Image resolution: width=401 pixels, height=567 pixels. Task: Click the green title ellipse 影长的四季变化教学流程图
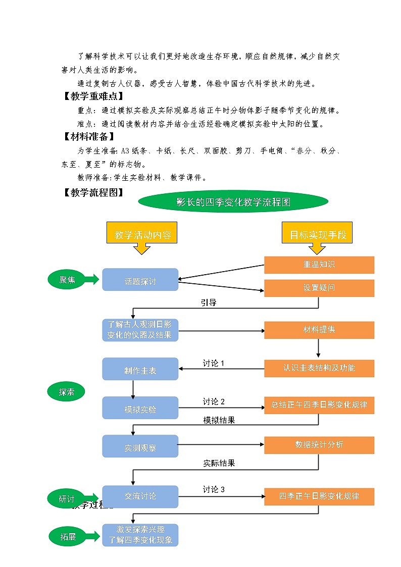coord(233,202)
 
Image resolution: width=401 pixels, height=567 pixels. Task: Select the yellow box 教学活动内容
coord(142,235)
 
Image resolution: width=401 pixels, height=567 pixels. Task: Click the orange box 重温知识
coord(319,265)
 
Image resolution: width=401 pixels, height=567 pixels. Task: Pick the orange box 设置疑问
coord(319,288)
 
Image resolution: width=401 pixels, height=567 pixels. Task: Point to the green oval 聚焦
coord(67,280)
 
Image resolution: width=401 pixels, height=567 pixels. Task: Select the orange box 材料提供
coord(319,330)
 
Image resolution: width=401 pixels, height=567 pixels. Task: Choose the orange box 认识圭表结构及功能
coord(319,368)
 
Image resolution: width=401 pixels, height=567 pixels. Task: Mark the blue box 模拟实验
coord(140,408)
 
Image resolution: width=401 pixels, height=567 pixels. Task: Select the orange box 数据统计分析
coord(319,444)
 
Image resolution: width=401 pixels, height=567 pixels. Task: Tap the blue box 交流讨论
coord(140,496)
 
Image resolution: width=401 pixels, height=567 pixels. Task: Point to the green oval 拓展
coord(68,537)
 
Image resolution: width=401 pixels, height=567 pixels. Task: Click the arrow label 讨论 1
coord(214,364)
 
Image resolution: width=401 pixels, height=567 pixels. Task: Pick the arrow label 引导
coord(209,303)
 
